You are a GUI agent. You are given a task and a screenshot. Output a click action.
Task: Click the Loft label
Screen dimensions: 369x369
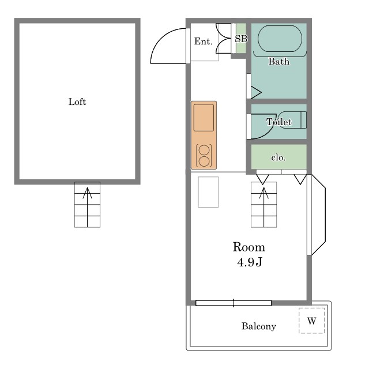[77, 102]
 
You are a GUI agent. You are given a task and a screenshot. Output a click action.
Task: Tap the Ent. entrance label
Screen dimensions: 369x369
[204, 42]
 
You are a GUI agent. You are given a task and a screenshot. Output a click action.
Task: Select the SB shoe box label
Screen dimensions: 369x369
[241, 39]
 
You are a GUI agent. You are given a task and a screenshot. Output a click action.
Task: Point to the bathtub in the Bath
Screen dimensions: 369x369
[280, 39]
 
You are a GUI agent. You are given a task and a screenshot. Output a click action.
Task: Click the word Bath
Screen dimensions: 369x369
[279, 62]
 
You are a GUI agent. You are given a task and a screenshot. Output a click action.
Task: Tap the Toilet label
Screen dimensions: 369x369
[279, 122]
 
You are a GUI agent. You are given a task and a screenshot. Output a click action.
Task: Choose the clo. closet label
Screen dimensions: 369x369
[278, 157]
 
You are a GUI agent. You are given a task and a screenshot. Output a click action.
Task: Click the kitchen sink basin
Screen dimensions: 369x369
[204, 118]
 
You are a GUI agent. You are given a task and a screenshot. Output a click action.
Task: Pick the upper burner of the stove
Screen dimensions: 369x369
[204, 150]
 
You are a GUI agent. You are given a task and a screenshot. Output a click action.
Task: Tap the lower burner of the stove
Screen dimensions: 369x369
[204, 161]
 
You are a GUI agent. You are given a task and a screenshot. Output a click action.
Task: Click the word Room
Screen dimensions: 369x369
[249, 247]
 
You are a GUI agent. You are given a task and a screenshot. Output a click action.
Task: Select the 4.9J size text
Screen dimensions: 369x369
[250, 262]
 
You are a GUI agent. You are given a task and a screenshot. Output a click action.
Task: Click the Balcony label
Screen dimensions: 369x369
[259, 326]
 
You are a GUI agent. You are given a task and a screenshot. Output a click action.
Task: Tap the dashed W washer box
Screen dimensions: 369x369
[311, 321]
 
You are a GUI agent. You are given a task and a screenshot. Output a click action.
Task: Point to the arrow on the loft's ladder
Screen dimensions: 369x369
[87, 207]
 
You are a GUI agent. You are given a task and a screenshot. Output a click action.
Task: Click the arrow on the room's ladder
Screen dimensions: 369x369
[264, 207]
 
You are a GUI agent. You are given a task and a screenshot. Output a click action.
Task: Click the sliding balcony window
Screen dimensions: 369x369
[234, 303]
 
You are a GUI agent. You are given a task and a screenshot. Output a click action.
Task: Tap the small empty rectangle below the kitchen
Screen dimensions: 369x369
[208, 192]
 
